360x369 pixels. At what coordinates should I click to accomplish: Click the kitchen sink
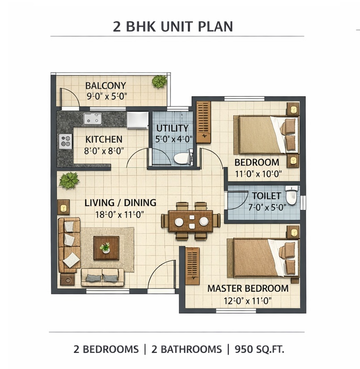coord(93,119)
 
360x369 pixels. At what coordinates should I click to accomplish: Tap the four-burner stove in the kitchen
coord(65,141)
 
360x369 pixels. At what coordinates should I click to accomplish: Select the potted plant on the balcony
coord(159,81)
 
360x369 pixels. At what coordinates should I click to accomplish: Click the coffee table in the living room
coord(106,248)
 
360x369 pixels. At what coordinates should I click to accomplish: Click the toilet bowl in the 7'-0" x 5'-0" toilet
coord(292,195)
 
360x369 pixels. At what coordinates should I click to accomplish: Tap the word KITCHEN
coord(104,139)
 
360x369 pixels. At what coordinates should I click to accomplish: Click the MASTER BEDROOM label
coord(248,288)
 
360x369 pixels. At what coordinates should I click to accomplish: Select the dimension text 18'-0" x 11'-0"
coord(119,215)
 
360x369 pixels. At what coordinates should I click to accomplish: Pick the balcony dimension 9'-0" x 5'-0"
coord(107,96)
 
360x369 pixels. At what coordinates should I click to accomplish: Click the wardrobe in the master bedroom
coord(192,266)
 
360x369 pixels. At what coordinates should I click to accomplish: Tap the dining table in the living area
coord(191,221)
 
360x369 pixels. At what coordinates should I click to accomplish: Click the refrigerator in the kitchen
coord(138,120)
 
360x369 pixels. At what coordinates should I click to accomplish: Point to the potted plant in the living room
coord(69,180)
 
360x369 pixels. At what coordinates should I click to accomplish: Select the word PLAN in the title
coord(215,26)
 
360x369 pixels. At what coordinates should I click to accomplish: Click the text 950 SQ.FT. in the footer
coord(259,349)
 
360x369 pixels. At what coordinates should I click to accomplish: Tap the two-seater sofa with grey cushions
coord(102,277)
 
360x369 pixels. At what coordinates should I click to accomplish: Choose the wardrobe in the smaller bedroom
coord(203,122)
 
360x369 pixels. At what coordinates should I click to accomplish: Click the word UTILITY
coord(173,128)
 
